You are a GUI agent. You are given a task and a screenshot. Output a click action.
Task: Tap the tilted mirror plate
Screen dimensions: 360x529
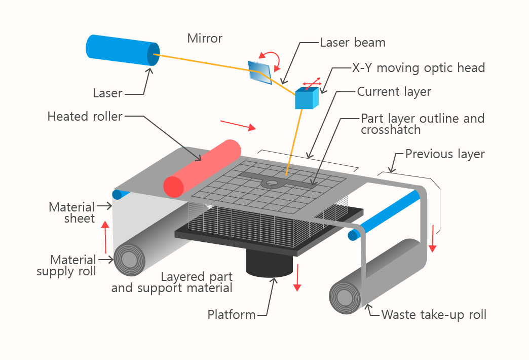259,70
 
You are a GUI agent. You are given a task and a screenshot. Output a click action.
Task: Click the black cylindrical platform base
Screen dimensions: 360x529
270,264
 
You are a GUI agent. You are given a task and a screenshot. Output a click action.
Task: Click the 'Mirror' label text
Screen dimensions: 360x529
205,39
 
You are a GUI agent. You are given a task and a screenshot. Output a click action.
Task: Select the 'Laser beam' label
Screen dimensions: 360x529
353,43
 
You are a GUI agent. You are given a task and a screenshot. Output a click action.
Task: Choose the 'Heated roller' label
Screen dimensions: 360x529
85,117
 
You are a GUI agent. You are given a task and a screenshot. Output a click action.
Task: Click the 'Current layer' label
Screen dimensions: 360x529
394,92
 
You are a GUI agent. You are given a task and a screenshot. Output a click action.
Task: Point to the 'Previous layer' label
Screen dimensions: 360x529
445,154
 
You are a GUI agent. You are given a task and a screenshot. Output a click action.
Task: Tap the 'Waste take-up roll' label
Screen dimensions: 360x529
434,315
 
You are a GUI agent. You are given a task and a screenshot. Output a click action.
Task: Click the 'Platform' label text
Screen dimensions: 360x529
232,315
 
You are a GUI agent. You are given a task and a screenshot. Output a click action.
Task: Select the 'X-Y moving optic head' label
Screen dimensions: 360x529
419,67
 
